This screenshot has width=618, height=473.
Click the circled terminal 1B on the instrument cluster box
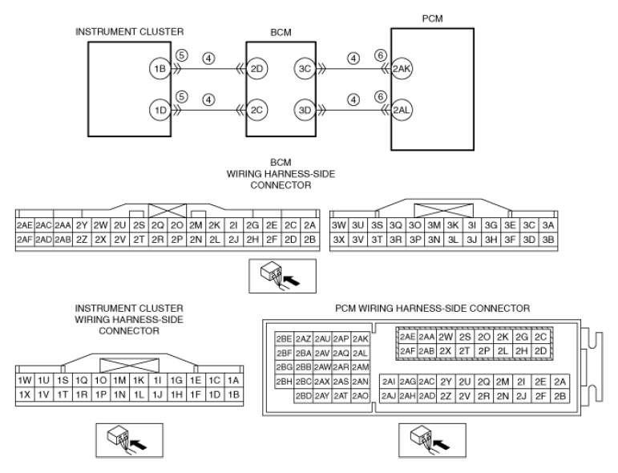coord(160,69)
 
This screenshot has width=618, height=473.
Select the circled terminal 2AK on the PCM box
coord(402,69)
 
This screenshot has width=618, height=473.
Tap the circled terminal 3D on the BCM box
coord(305,110)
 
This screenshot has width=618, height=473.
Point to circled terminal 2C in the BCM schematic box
coord(256,110)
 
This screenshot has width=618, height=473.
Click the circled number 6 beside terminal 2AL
coord(380,96)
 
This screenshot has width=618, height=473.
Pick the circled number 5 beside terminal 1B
coord(181,55)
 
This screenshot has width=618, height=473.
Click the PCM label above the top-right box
coord(432,18)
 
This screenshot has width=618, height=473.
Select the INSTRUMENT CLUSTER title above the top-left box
coord(129,31)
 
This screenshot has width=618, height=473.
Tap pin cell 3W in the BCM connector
coord(338,225)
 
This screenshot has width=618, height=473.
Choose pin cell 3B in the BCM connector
coord(547,239)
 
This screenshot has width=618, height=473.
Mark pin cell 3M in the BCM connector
coord(434,225)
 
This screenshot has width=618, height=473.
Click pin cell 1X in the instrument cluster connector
coord(24,394)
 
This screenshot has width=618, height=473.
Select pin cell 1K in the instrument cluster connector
coord(139,380)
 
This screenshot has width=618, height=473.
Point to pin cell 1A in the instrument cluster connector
coord(233,380)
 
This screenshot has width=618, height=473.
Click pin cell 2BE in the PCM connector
coord(285,339)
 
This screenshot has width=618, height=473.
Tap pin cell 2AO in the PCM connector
coord(360,396)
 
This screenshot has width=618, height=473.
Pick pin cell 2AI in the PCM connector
coord(389,382)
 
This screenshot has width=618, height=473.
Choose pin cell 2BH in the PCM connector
coord(285,382)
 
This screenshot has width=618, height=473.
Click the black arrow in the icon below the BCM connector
coord(292,281)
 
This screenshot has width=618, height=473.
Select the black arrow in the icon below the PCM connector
coord(442,445)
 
